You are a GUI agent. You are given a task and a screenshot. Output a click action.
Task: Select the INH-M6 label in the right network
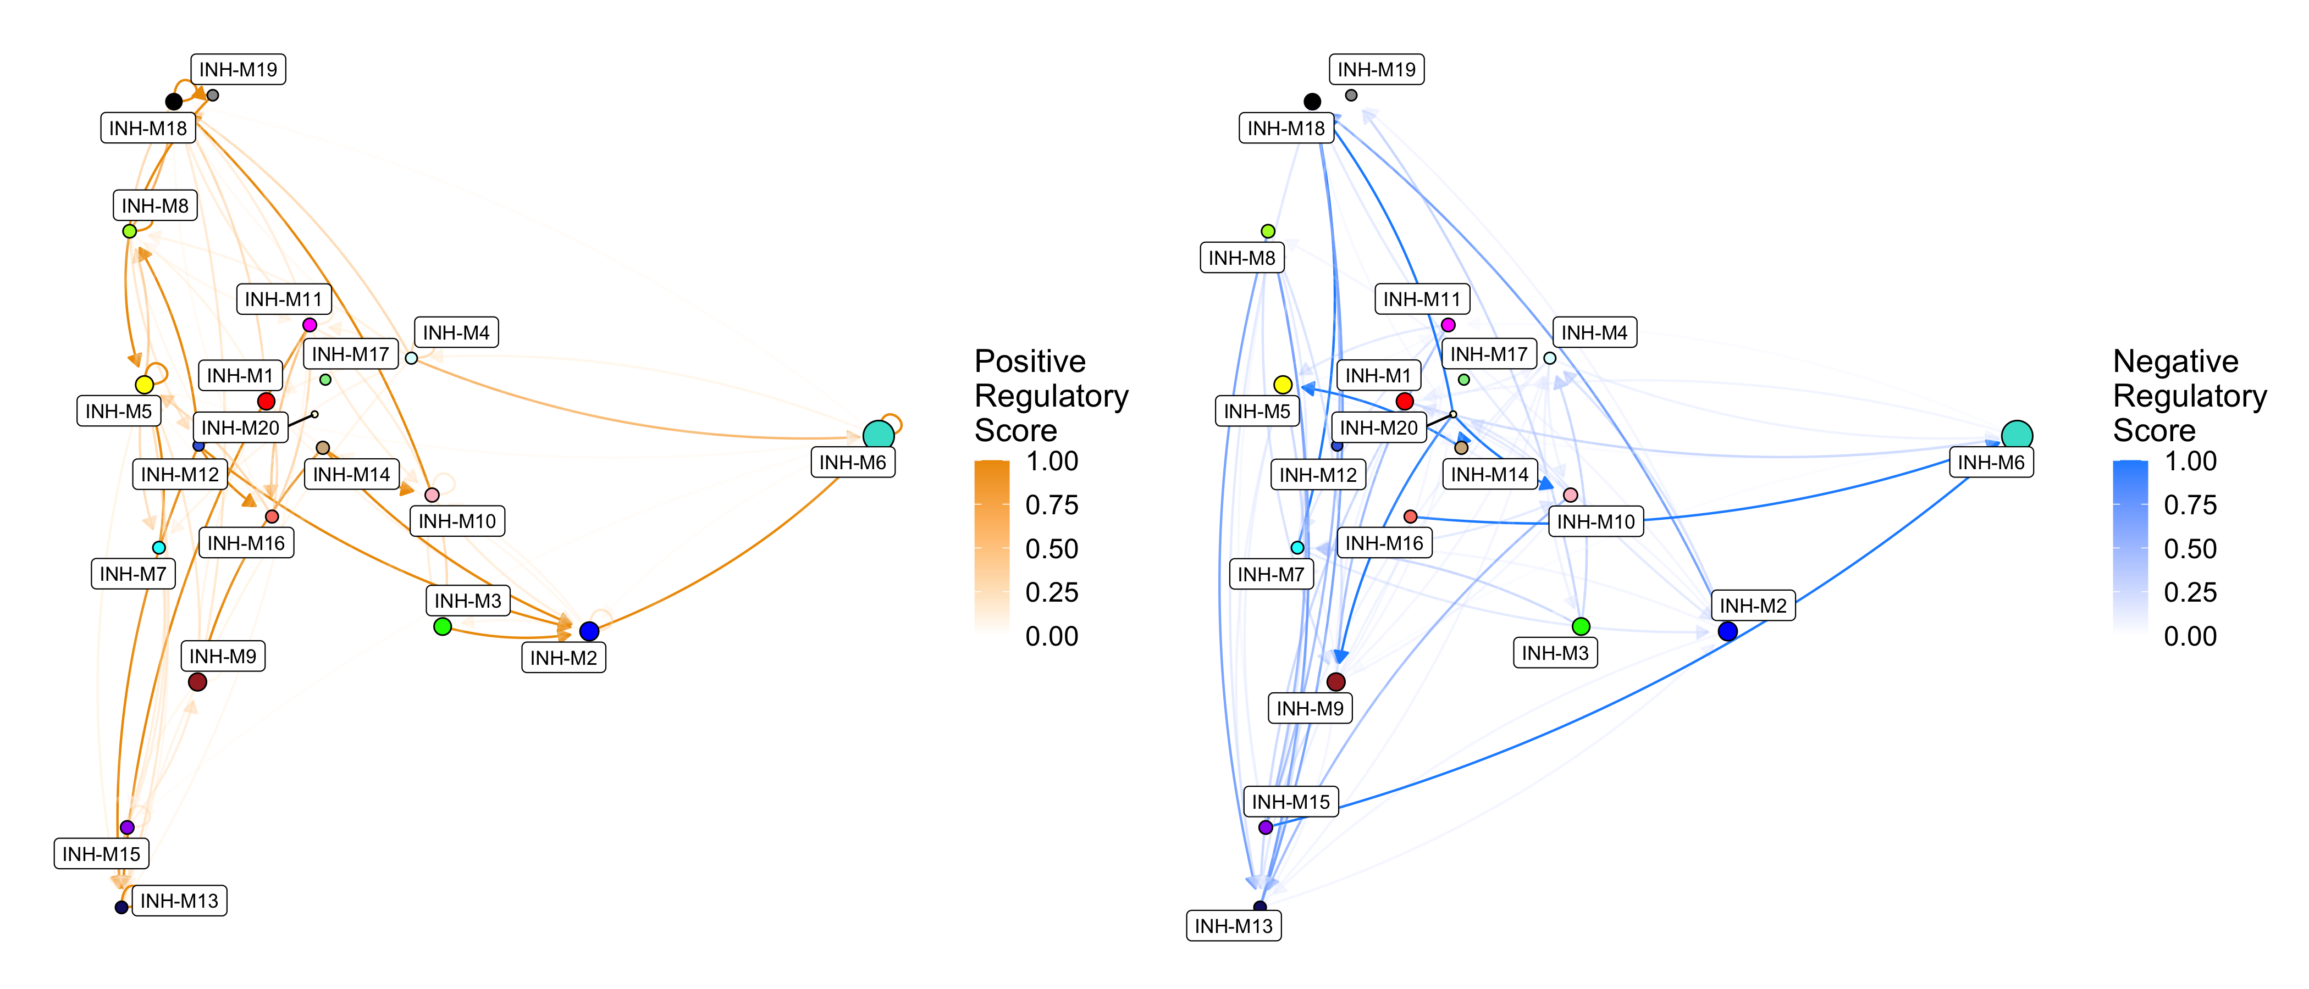[x=1991, y=462]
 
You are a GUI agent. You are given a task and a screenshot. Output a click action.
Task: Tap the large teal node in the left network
[x=879, y=435]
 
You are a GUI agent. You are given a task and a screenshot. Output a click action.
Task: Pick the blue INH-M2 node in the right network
[x=1728, y=631]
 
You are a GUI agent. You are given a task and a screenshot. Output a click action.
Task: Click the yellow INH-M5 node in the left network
[x=144, y=384]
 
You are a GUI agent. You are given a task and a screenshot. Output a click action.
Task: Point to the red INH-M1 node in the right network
[x=1405, y=401]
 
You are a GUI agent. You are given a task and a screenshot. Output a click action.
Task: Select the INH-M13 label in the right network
[x=1233, y=925]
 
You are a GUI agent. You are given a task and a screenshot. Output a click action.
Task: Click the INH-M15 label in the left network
[x=101, y=854]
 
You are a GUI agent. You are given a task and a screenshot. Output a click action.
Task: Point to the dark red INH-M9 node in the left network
[x=198, y=682]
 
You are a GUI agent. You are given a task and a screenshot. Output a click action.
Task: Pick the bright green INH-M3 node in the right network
[x=1581, y=626]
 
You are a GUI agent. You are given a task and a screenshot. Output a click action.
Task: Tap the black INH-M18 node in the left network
[x=174, y=101]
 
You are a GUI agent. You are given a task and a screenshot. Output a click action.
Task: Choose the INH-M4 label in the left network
[x=456, y=332]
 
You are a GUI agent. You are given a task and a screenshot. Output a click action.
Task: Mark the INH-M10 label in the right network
[x=1595, y=521]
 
